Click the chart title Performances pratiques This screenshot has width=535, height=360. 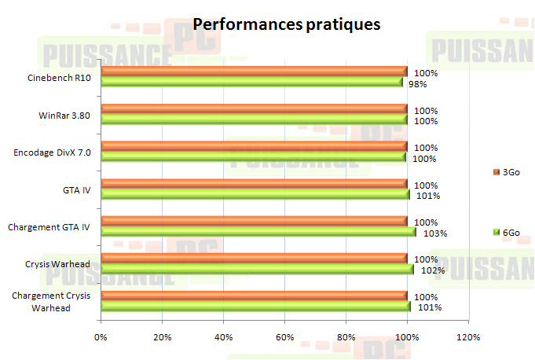pyautogui.click(x=287, y=24)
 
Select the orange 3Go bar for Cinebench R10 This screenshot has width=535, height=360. pyautogui.click(x=254, y=72)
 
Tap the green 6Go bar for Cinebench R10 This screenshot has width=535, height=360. pyautogui.click(x=251, y=82)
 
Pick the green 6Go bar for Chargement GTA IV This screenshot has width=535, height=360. pyautogui.click(x=258, y=231)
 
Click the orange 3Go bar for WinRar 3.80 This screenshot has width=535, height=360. pyautogui.click(x=254, y=108)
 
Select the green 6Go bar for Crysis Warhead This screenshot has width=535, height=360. pyautogui.click(x=257, y=269)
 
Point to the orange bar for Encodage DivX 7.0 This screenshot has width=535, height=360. pyautogui.click(x=254, y=146)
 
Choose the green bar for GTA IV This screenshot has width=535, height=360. pyautogui.click(x=255, y=194)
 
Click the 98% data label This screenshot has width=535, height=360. pyautogui.click(x=417, y=84)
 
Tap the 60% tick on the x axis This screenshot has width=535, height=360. pyautogui.click(x=284, y=337)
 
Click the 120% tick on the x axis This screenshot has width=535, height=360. pyautogui.click(x=468, y=337)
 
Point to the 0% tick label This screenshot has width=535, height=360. pyautogui.click(x=101, y=337)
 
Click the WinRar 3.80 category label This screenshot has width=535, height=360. pyautogui.click(x=64, y=116)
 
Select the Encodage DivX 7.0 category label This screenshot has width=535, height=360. pyautogui.click(x=52, y=152)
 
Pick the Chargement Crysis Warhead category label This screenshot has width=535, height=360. pyautogui.click(x=51, y=302)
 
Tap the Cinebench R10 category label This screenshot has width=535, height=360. pyautogui.click(x=58, y=78)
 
